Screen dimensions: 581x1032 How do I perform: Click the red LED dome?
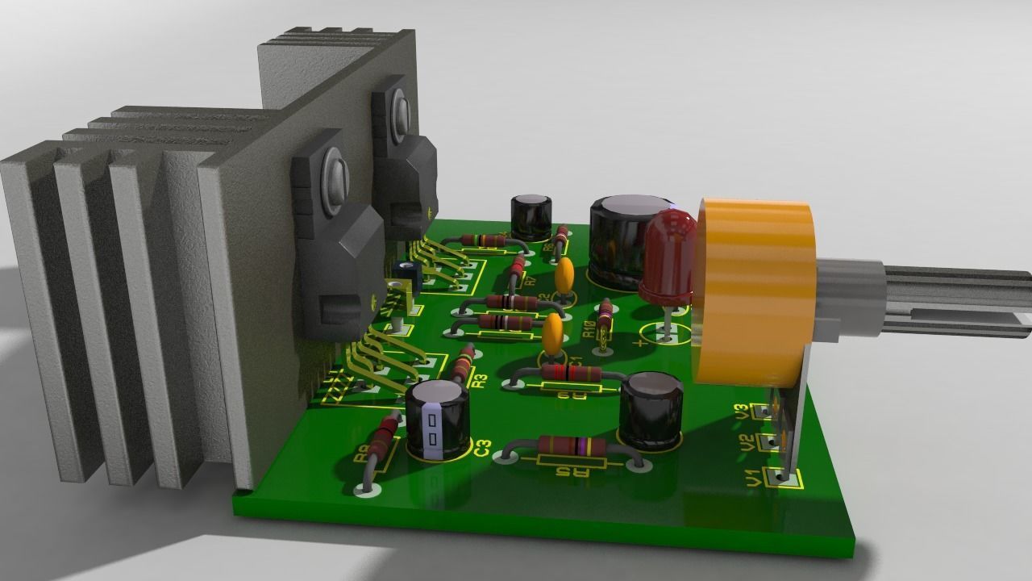coord(668,254)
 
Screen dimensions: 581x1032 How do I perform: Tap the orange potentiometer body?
coord(754,290)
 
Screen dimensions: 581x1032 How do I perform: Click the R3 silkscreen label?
coord(480,379)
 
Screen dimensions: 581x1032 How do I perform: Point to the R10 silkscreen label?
coord(589,329)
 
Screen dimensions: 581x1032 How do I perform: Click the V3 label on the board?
coord(742,412)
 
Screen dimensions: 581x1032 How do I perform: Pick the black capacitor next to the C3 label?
coord(437,418)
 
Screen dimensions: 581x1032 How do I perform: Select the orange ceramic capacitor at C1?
coord(552,334)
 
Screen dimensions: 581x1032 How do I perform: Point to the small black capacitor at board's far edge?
coord(531,215)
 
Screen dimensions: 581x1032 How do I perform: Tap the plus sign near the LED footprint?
coord(641,343)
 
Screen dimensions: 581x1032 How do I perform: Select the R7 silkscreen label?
coord(531,282)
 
